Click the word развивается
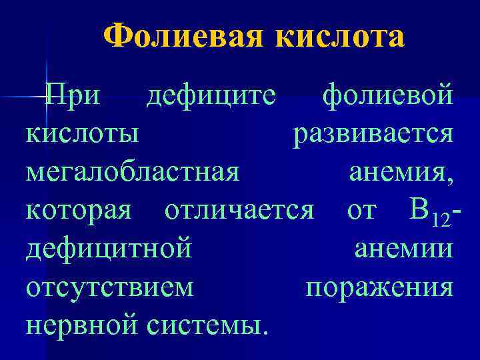pos(374,134)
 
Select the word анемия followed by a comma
pos(400,171)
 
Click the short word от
pos(362,211)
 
